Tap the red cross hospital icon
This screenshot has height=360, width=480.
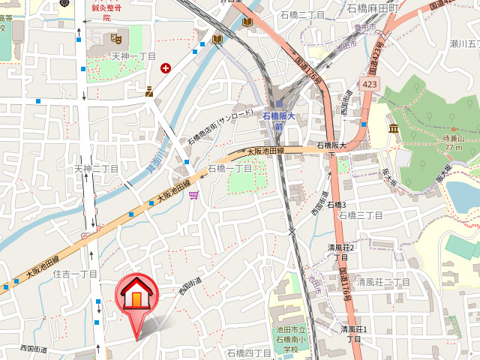pyautogui.click(x=166, y=68)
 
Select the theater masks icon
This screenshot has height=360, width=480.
pyautogui.click(x=116, y=37)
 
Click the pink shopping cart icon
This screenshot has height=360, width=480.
pyautogui.click(x=194, y=196)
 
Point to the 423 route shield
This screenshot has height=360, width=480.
pyautogui.click(x=370, y=86)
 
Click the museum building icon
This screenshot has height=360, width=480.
pyautogui.click(x=393, y=130)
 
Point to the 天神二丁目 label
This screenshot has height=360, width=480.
pyautogui.click(x=96, y=169)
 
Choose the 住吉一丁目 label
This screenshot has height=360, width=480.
pyautogui.click(x=75, y=274)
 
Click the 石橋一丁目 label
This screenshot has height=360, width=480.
pyautogui.click(x=229, y=169)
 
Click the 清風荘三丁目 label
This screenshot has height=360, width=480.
pyautogui.click(x=382, y=282)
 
